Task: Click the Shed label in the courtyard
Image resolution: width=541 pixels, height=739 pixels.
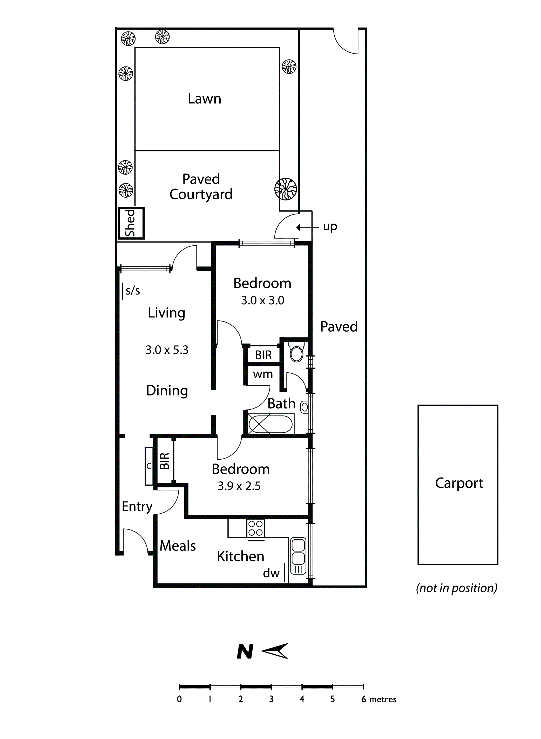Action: [130, 223]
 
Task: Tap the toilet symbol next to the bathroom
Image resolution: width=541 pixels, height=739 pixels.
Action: [297, 352]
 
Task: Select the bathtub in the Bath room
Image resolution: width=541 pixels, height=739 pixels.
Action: [270, 424]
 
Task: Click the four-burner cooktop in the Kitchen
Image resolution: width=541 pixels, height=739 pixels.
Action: [255, 528]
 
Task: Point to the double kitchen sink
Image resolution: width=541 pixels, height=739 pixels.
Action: [298, 556]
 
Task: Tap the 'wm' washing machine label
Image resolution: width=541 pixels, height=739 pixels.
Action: [263, 374]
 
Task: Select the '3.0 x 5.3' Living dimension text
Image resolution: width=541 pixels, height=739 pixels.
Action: [167, 350]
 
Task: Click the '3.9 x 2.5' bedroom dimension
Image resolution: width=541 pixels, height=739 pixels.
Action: [239, 486]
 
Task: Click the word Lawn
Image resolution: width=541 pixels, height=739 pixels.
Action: [204, 99]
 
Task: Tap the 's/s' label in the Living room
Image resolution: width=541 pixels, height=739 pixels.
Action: [133, 291]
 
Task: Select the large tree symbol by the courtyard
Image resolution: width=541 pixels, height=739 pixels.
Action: [286, 189]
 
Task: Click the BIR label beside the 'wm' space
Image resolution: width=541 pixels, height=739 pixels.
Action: [263, 355]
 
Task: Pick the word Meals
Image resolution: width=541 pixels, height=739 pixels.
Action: [178, 546]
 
